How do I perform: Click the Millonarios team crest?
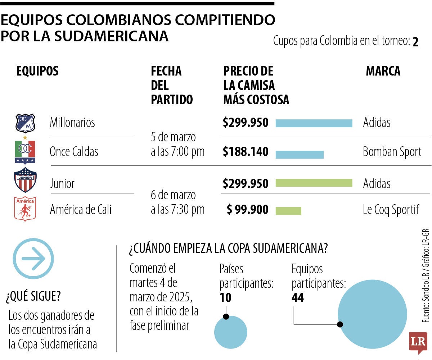click(25, 123)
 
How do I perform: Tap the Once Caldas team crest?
click(25, 151)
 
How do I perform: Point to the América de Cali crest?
click(25, 209)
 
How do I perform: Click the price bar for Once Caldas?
click(300, 154)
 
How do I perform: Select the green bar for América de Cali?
click(288, 211)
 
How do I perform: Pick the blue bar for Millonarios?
click(314, 123)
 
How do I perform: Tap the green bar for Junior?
click(314, 183)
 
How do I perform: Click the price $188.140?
click(246, 152)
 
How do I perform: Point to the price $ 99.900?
click(248, 209)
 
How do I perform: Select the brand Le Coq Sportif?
click(391, 209)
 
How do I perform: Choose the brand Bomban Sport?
click(392, 152)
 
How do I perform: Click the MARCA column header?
click(383, 71)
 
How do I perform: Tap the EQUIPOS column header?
click(37, 71)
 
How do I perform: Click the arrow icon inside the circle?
click(33, 258)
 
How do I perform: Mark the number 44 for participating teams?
click(298, 298)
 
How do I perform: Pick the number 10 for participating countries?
click(225, 298)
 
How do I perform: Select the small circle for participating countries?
click(230, 332)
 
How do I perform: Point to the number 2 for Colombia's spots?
click(415, 42)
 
